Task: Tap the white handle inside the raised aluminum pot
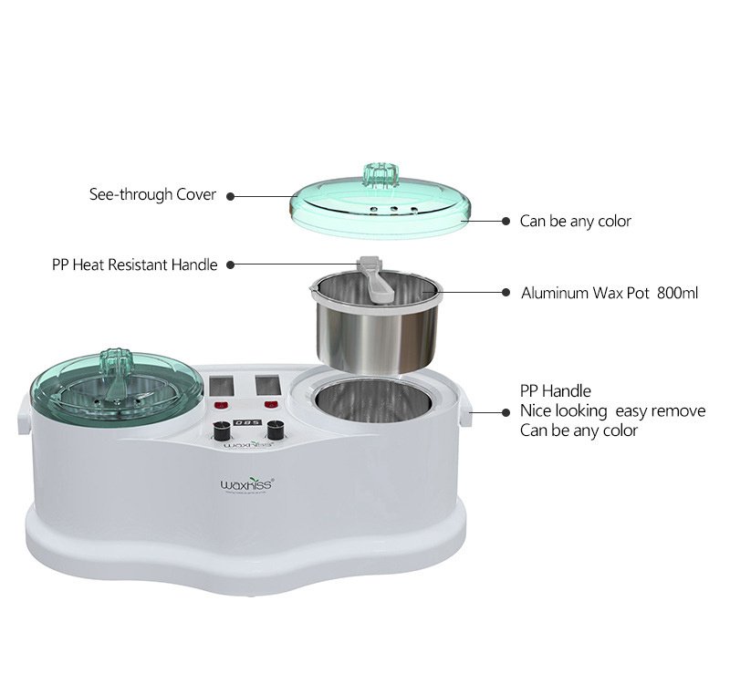tap(377, 279)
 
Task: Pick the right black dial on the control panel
tap(276, 430)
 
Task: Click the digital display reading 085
tap(247, 422)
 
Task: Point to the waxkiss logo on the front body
tap(246, 484)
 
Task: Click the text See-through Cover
tap(152, 194)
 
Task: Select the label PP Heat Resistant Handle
tap(134, 265)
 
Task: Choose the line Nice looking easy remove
tap(612, 411)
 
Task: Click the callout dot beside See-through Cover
tap(230, 196)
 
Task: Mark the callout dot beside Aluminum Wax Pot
tap(506, 292)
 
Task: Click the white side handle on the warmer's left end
tap(24, 414)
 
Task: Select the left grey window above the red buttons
tap(222, 387)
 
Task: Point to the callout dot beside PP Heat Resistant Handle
tap(230, 265)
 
